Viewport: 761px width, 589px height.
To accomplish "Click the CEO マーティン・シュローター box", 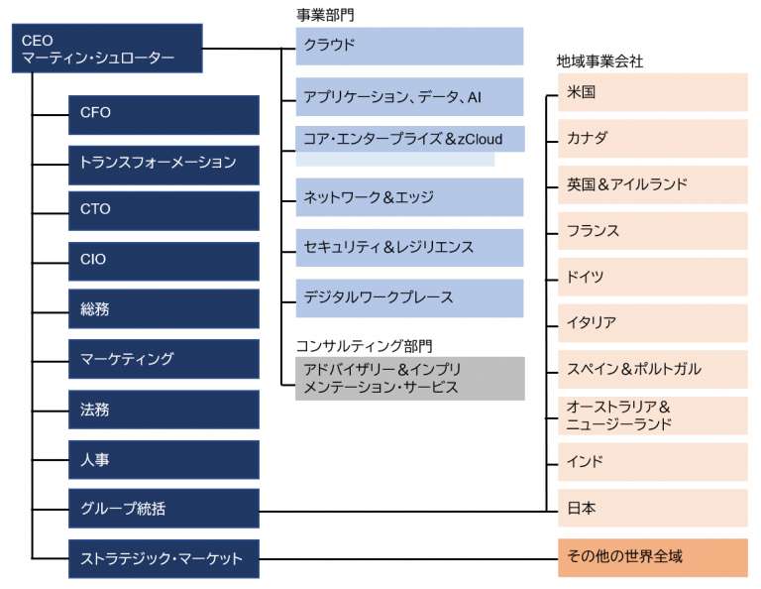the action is click(x=107, y=48).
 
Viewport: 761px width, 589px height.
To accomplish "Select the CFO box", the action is click(x=163, y=115).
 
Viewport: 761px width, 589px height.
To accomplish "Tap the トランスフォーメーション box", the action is click(x=163, y=165).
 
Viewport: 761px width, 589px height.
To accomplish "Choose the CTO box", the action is click(x=163, y=211).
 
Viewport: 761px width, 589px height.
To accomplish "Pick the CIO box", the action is click(x=163, y=261).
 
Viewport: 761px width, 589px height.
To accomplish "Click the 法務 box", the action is click(x=163, y=410).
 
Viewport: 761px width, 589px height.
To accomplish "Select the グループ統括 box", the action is click(x=163, y=509).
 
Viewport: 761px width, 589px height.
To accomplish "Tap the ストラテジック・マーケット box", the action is click(x=163, y=558).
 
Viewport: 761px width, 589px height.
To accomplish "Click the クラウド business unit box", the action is click(x=409, y=47).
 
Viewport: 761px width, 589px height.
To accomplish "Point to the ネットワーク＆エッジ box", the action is click(x=409, y=197).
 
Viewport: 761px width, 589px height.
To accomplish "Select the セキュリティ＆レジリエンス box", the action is click(x=409, y=248).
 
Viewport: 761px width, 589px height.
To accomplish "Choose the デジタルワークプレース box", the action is click(x=409, y=298).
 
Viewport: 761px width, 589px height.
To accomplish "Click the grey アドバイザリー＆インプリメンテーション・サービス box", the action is click(x=410, y=379).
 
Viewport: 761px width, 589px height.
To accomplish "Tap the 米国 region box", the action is click(x=653, y=92).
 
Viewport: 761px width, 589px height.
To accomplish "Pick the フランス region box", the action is click(x=653, y=231).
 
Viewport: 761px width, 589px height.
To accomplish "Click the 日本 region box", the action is click(x=653, y=508).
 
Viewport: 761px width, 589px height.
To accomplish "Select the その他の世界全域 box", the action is click(x=653, y=557).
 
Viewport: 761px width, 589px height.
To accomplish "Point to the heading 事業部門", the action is click(x=325, y=15).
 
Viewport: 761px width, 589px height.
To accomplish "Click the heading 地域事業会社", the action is click(x=599, y=61).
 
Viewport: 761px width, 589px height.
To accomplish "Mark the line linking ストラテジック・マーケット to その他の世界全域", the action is click(x=408, y=559).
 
